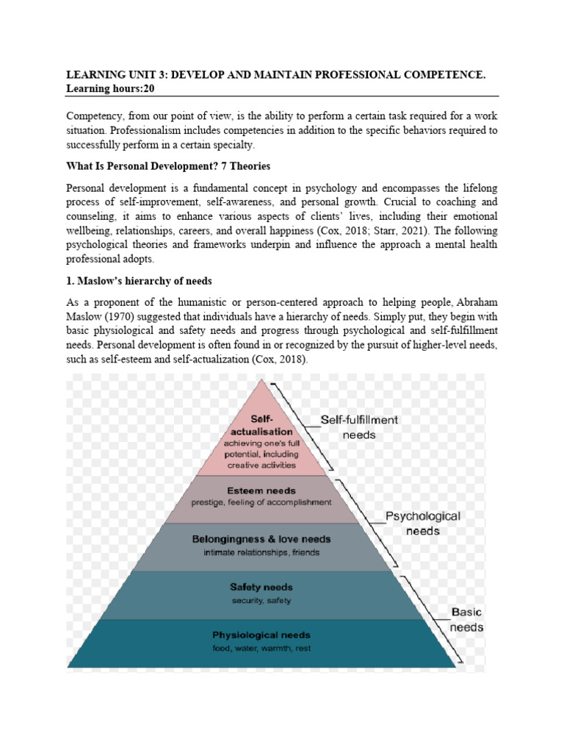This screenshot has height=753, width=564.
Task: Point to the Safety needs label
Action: pyautogui.click(x=261, y=588)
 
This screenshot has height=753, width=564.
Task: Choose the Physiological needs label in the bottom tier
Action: pyautogui.click(x=261, y=635)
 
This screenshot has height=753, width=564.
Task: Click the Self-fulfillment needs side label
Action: pyautogui.click(x=359, y=427)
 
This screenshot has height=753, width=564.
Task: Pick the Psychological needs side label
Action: pyautogui.click(x=423, y=524)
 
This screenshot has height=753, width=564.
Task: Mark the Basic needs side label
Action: pyautogui.click(x=467, y=620)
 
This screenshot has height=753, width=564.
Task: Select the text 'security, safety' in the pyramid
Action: pyautogui.click(x=261, y=600)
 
